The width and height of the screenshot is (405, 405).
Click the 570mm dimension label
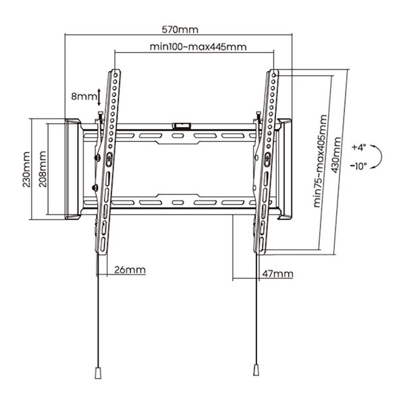[180, 30]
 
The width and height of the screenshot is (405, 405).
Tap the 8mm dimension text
[84, 97]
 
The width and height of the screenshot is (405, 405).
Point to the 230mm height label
[26, 168]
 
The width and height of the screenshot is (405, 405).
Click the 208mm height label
[43, 168]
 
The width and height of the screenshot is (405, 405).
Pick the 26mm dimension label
[130, 270]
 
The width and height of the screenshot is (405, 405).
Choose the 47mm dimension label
[277, 273]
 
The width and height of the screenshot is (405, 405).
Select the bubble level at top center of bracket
[181, 125]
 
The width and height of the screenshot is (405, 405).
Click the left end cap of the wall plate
[72, 169]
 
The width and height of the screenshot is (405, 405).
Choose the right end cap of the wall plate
[285, 169]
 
